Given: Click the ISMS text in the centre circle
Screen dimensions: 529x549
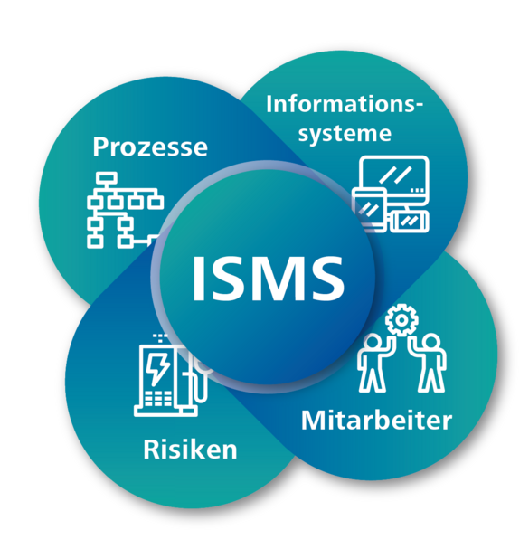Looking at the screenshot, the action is [269, 278].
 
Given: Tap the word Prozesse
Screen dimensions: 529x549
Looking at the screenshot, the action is [150, 147].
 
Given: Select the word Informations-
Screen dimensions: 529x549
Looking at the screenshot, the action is [345, 104].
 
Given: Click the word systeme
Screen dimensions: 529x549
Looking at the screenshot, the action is [345, 134].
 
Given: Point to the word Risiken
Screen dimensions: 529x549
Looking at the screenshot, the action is [191, 450].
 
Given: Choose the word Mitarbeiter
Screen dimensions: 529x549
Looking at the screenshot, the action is [376, 421].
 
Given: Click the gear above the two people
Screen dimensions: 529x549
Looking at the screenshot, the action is [401, 320].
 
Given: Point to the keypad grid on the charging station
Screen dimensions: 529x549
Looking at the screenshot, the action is [158, 399].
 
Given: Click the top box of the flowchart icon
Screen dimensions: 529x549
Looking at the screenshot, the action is [107, 178].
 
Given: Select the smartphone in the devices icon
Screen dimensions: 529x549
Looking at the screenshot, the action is [369, 210].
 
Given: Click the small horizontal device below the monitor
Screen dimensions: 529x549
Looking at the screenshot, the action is [409, 221].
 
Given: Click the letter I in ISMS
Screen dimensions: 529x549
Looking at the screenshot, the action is [198, 278].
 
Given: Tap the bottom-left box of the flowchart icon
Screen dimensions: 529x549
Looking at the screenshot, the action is [95, 241].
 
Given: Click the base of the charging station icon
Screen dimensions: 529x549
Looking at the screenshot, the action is [165, 412].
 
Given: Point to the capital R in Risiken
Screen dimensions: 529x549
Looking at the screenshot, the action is [151, 450].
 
